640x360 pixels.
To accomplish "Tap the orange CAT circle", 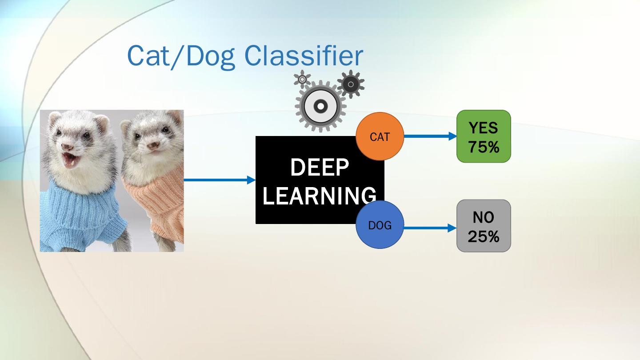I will (380, 136).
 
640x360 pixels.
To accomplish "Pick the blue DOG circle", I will (380, 225).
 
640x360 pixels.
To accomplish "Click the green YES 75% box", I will (484, 136).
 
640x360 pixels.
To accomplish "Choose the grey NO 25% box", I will (484, 226).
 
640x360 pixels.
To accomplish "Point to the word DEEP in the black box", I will (320, 168).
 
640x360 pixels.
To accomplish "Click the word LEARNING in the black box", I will (320, 196).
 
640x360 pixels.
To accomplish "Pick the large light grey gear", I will (320, 106).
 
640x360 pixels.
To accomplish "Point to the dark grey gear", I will (351, 84).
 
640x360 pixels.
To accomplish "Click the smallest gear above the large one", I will (302, 79).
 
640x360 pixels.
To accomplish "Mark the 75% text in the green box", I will (484, 147).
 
